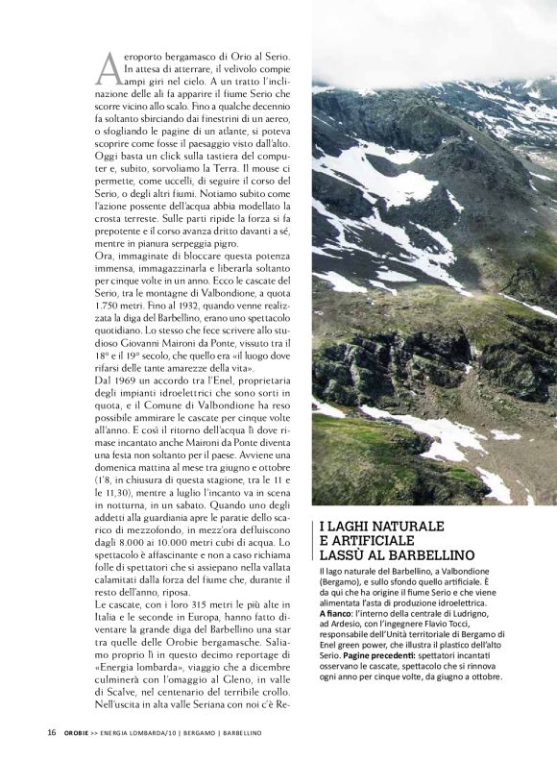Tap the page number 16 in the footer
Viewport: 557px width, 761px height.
[53, 732]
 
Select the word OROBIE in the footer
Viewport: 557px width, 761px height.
[81, 732]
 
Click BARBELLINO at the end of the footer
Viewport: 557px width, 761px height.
[235, 732]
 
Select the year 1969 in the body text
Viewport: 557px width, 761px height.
[132, 381]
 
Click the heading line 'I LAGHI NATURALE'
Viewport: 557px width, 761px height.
[381, 527]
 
